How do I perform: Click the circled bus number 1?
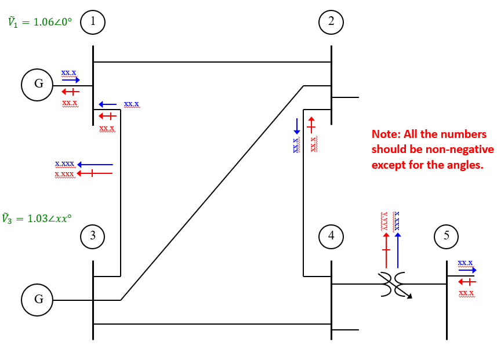click(x=93, y=22)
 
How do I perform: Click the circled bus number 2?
click(x=331, y=22)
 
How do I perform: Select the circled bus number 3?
click(x=93, y=235)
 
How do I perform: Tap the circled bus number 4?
click(x=331, y=235)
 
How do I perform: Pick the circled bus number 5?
click(x=446, y=235)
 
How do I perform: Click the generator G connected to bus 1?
click(x=38, y=84)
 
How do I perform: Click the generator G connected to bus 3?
click(x=38, y=300)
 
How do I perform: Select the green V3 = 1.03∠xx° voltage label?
click(x=37, y=219)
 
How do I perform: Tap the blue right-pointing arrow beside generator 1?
click(x=71, y=80)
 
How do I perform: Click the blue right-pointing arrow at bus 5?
click(x=467, y=270)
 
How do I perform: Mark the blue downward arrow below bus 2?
click(x=296, y=126)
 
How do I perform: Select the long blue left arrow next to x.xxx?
click(x=95, y=165)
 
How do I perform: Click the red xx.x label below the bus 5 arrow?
click(x=466, y=293)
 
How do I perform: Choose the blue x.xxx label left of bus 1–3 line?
click(x=64, y=164)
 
